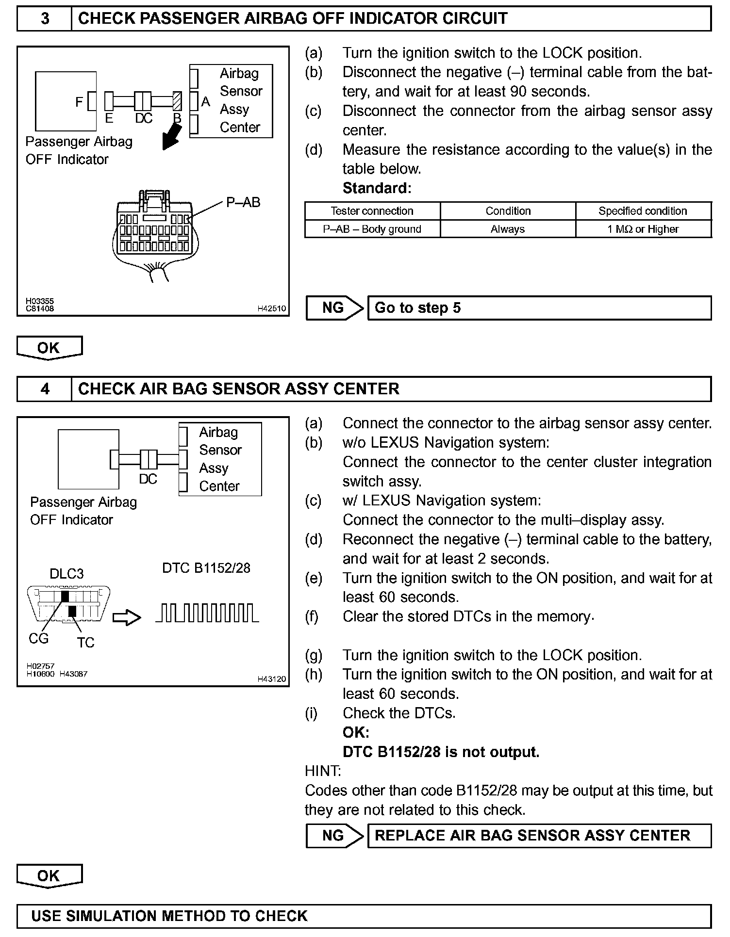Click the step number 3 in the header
[x=45, y=19]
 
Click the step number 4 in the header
[x=45, y=389]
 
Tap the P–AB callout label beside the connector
[x=243, y=202]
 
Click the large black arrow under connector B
[x=172, y=137]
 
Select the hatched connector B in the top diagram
[x=177, y=101]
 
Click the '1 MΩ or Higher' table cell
[x=643, y=229]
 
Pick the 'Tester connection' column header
[x=372, y=211]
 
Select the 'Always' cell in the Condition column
[x=508, y=229]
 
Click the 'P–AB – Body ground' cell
[x=372, y=229]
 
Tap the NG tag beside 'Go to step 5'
[x=334, y=308]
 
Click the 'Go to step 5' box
[x=539, y=308]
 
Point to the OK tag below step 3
[x=49, y=348]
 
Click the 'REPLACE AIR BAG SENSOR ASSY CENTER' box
[x=539, y=836]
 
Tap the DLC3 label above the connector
[x=66, y=574]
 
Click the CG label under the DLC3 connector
[x=38, y=638]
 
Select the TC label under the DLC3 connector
[x=85, y=643]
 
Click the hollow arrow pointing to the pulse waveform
[x=127, y=617]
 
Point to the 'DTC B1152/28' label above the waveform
[x=206, y=568]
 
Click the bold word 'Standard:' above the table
[x=377, y=188]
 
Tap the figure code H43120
[x=271, y=679]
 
